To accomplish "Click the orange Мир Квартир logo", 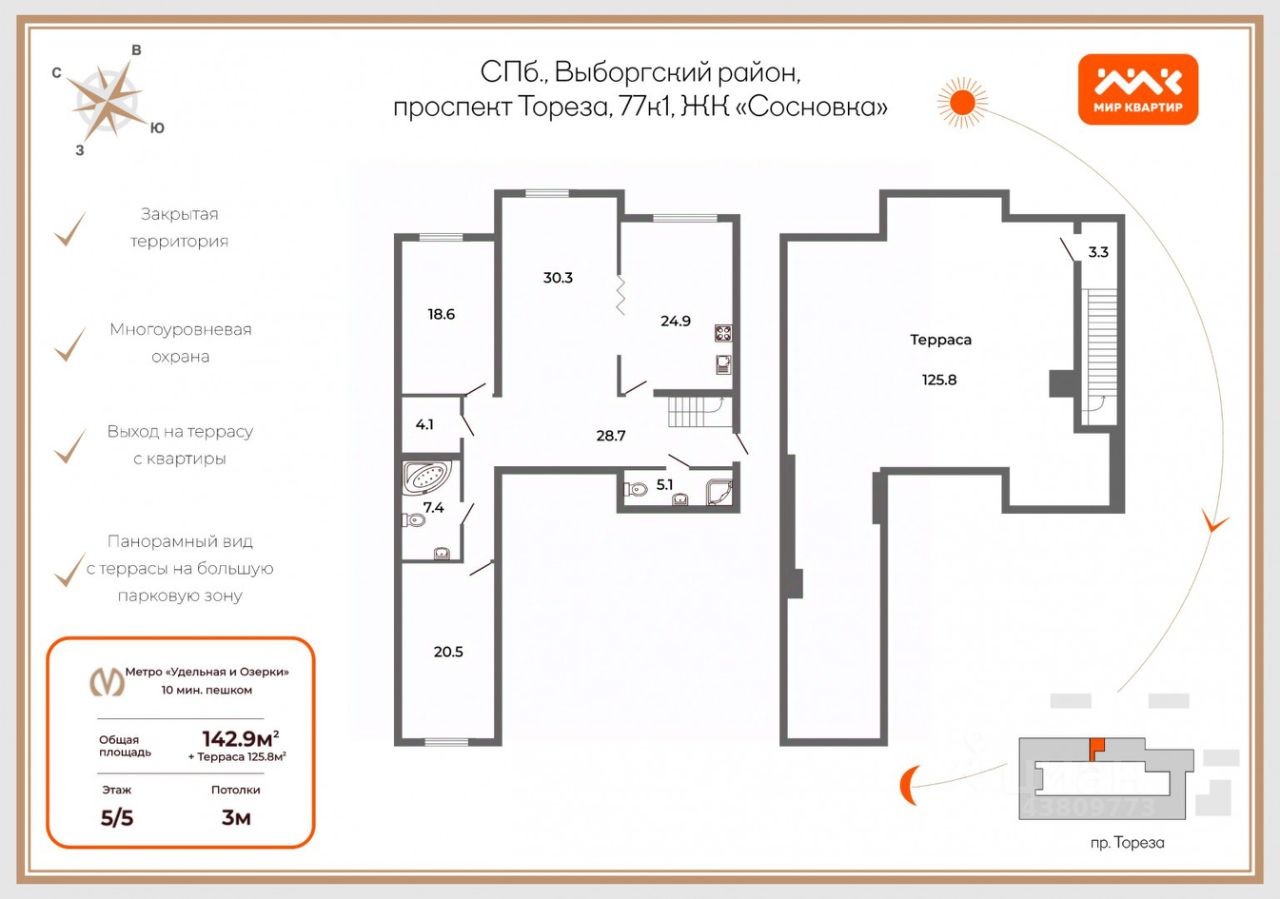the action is coord(1138,89).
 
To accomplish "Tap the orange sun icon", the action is coord(962,102).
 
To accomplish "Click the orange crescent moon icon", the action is coord(909,784).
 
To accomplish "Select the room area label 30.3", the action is coord(558,278).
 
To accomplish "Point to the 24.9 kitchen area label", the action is coord(675,321).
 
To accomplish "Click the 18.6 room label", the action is coord(441,314).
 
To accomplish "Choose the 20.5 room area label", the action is coord(448,652).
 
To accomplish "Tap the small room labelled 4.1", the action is coord(425,425).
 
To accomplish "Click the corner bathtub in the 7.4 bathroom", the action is coord(427,477).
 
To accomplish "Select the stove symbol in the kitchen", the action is coord(723,333).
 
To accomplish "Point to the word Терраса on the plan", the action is coord(941,340).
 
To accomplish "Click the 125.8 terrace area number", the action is coord(939,380).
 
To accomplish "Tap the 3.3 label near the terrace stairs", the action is coord(1098,252).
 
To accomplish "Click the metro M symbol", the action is coord(107,682).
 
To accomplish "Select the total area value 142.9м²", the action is coord(241,739).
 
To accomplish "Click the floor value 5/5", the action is coord(117,818).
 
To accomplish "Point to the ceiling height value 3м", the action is coord(236,818).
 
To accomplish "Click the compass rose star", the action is coord(107,102).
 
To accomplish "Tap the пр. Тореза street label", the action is coord(1127,843).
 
